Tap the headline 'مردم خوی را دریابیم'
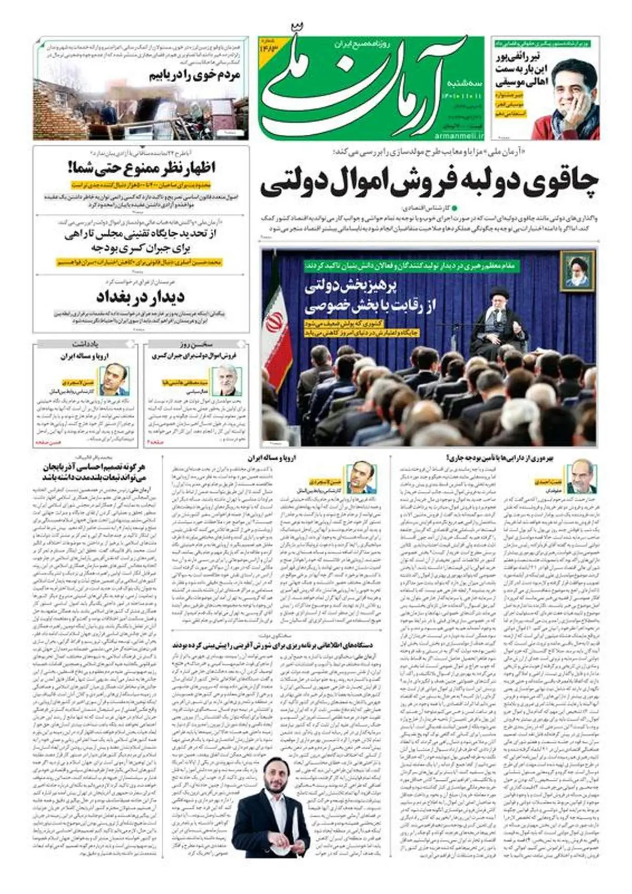click(194, 75)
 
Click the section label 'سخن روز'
click(195, 344)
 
